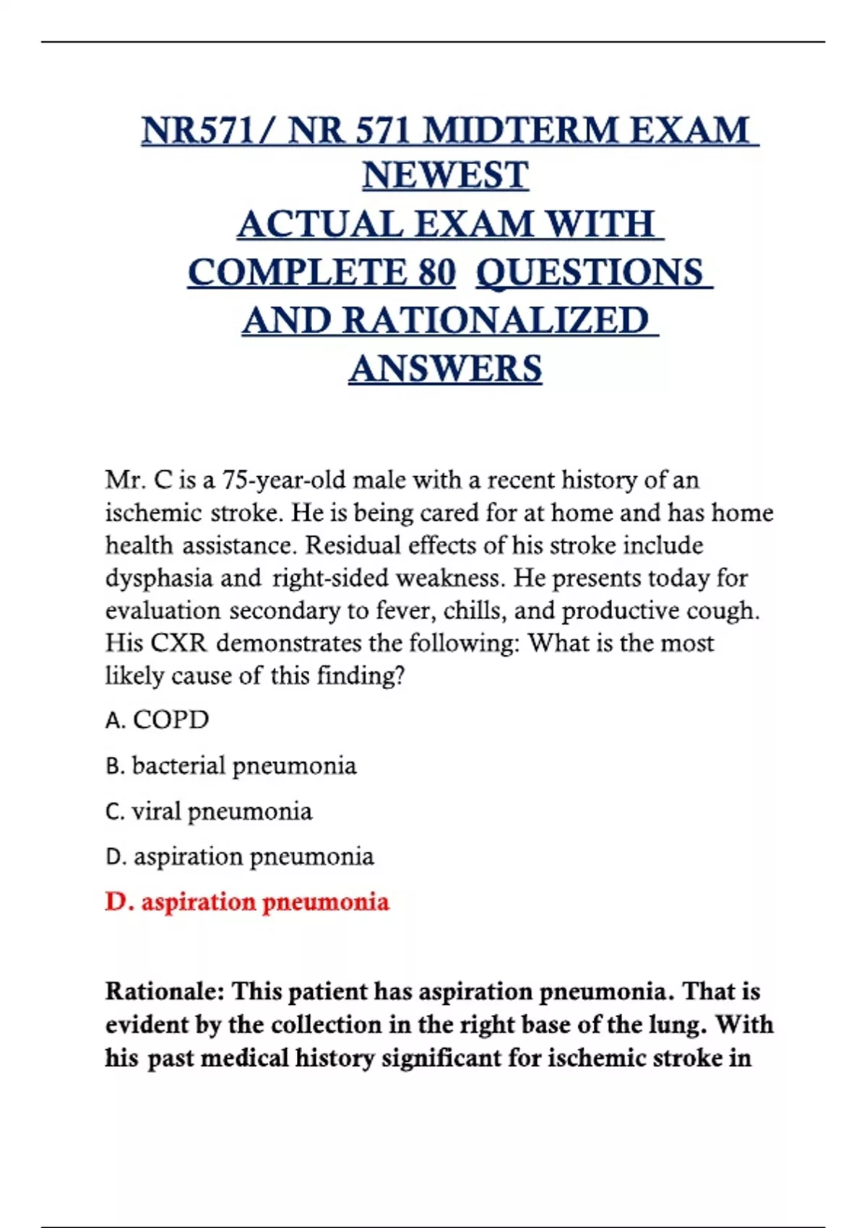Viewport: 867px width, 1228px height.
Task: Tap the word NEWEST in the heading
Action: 445,176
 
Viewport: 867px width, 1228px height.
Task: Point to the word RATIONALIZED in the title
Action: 496,321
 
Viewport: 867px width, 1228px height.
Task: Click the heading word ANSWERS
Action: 445,368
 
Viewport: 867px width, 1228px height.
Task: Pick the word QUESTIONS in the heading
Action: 590,273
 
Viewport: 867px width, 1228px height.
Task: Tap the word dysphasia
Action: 160,578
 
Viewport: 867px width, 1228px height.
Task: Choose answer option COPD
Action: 171,719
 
